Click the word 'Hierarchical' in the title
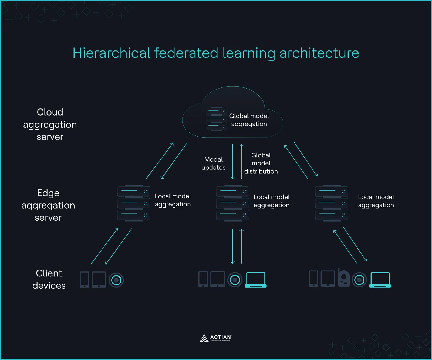111,53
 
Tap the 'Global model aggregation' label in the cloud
249,120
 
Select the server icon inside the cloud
216,119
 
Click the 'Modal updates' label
213,164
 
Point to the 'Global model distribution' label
261,163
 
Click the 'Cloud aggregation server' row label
50,124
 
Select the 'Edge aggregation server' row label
48,205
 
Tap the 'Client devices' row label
49,279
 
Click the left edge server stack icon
134,203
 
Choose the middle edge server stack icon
232,203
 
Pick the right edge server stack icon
332,203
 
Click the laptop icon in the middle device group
255,280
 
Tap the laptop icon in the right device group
380,280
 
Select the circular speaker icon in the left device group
116,280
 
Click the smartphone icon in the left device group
84,280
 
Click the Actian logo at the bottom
216,338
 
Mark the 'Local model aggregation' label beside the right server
376,201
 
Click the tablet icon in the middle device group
217,280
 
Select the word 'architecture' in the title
319,53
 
